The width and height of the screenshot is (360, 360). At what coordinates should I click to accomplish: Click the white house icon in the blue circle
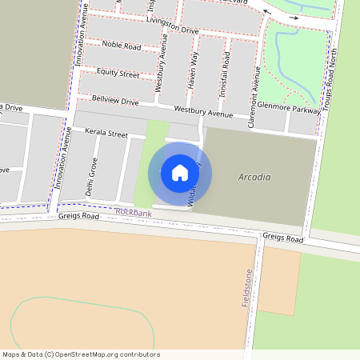180,172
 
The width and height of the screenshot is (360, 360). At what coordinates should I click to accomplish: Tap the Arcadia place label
254,177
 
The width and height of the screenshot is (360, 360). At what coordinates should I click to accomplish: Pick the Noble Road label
122,46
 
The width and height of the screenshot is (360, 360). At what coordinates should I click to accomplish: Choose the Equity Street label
118,73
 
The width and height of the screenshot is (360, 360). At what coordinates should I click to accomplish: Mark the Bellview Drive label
115,102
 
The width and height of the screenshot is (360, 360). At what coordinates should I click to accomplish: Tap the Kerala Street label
106,134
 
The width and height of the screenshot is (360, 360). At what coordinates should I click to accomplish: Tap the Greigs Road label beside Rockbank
78,216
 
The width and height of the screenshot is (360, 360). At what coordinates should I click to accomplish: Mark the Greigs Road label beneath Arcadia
283,238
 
